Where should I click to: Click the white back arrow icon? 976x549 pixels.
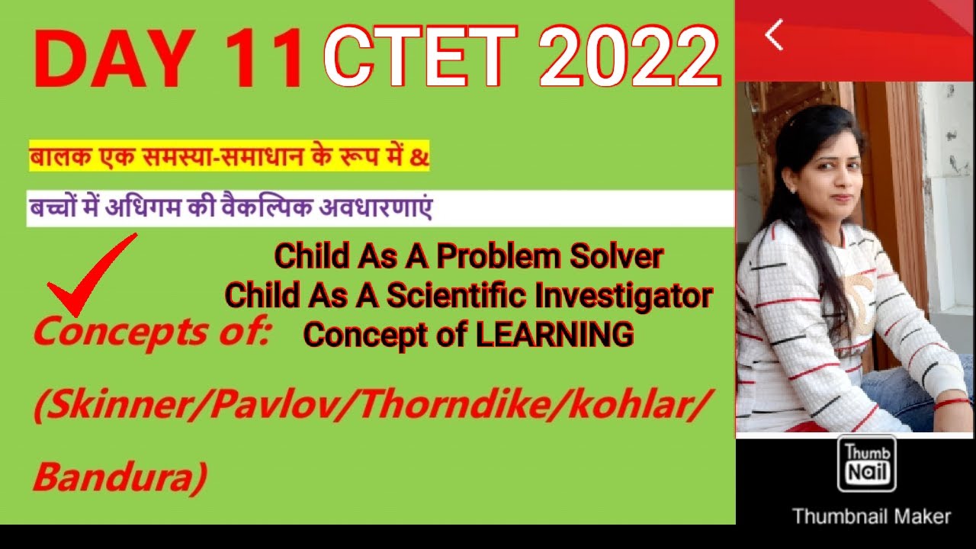(x=774, y=35)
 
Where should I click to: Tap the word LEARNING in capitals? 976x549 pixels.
(x=555, y=334)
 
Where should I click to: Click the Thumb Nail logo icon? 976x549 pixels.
(x=866, y=464)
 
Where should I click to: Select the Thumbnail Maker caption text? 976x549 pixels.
(x=872, y=516)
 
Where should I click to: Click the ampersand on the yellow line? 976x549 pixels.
(x=421, y=158)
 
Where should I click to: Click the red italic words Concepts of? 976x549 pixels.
(x=152, y=333)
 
